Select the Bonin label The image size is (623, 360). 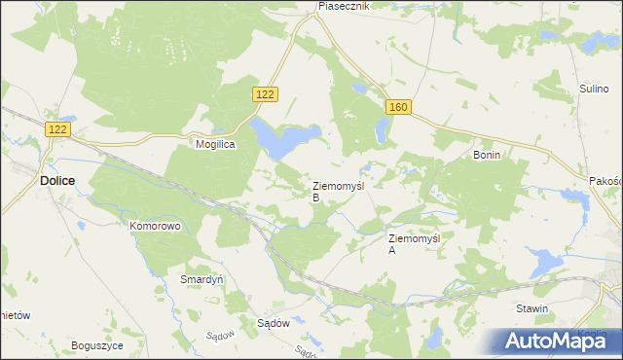[x=486, y=155]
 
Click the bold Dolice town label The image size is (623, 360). [x=58, y=180]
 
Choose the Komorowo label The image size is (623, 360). [x=155, y=226]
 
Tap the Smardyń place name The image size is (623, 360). [x=202, y=278]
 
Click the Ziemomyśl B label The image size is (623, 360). [x=337, y=190]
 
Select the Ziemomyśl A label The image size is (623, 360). [x=414, y=243]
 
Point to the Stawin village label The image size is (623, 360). [x=532, y=308]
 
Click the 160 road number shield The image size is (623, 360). [x=396, y=106]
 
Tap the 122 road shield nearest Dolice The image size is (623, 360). [x=58, y=128]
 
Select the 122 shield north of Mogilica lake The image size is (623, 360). [x=266, y=93]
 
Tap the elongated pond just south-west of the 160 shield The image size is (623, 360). [x=379, y=126]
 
